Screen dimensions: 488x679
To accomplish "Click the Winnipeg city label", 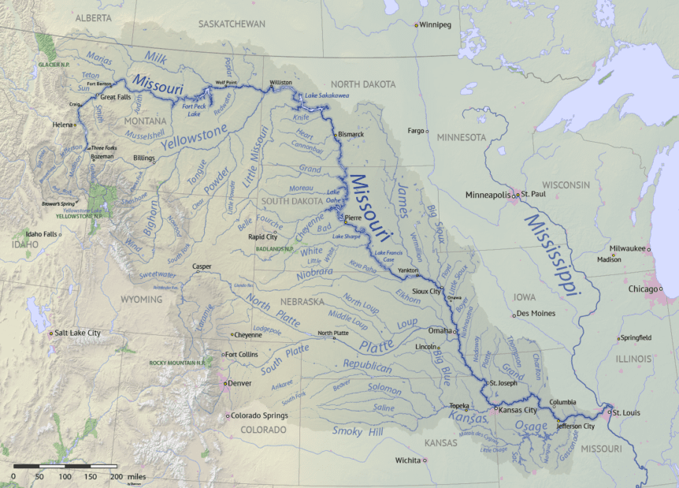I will pos(436,25).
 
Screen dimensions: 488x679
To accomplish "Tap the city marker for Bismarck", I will pos(336,135).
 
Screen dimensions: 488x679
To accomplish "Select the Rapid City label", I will pos(262,236).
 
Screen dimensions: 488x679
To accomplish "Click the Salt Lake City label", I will pos(78,333).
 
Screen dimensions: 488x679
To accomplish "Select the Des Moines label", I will pos(536,314).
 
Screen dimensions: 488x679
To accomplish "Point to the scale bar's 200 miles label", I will pos(127,477).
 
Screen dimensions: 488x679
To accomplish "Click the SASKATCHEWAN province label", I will pos(232,24).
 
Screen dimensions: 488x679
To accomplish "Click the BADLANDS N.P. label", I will pos(275,248).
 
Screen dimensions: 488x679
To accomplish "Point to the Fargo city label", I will pos(415,130).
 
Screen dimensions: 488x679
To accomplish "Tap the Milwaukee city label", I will pos(626,248).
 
